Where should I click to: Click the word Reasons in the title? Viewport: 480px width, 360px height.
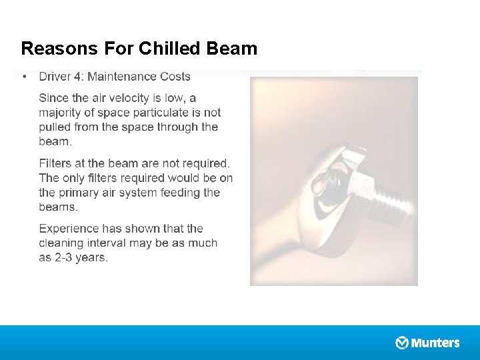pos(59,49)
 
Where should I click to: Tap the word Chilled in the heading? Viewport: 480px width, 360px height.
pos(166,49)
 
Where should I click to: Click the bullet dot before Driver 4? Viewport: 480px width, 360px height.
pos(25,77)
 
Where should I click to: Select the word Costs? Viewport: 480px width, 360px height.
pos(175,77)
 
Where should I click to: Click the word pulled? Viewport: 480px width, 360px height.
pos(55,127)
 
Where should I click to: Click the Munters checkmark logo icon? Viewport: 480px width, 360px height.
pos(402,343)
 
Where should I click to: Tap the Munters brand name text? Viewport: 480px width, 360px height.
pos(435,343)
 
